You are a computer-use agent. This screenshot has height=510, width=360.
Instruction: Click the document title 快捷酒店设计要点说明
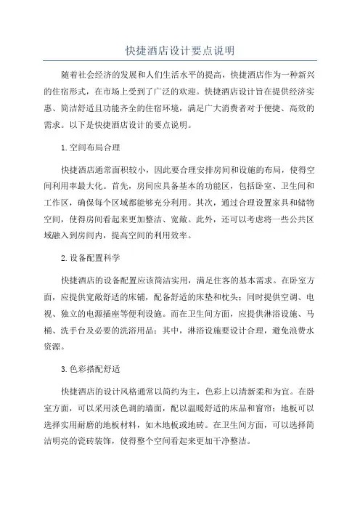pos(179,50)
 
